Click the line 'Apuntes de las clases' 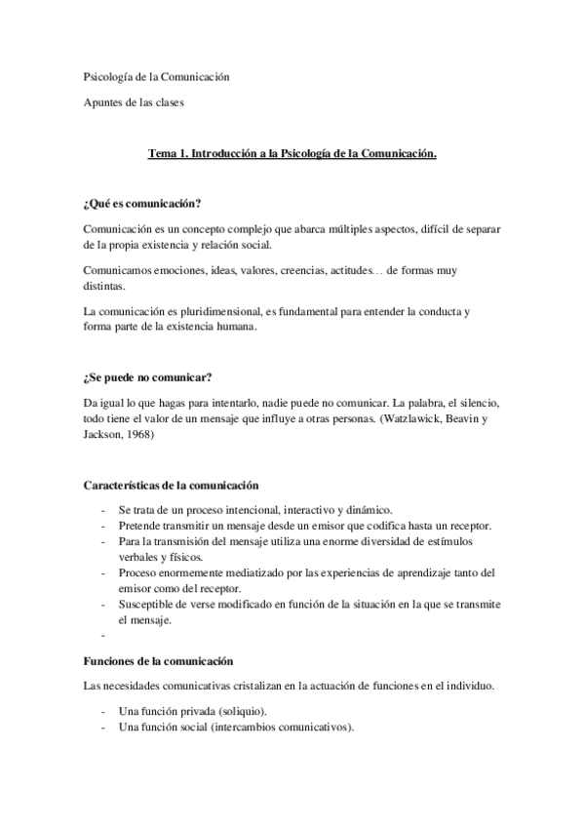[x=133, y=101]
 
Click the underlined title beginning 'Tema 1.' [x=292, y=153]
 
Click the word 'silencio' [x=478, y=402]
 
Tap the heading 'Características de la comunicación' [x=171, y=485]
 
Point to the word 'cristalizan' [x=267, y=687]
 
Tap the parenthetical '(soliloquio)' [x=237, y=713]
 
